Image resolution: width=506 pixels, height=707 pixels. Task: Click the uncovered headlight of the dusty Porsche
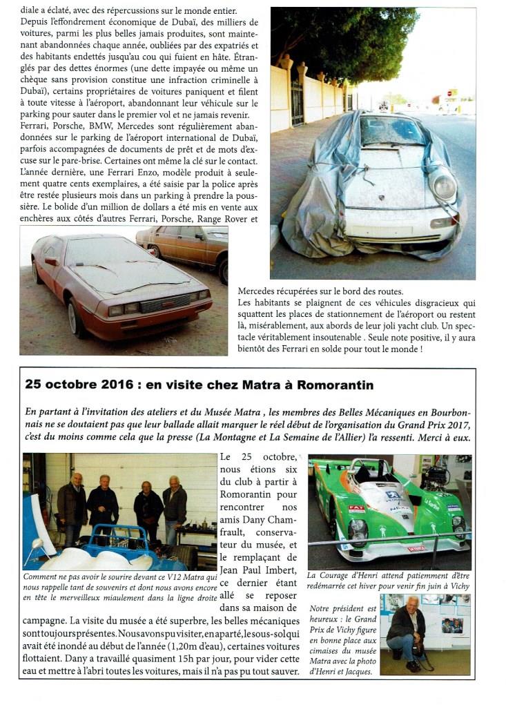pyautogui.click(x=443, y=186)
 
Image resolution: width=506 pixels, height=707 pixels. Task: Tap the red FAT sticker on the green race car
pyautogui.click(x=356, y=508)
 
